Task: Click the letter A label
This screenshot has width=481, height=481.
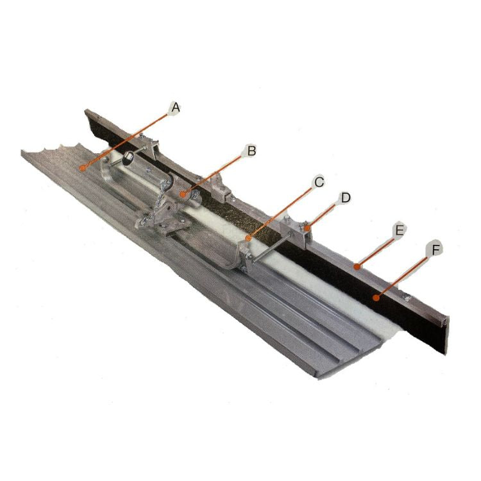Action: pos(175,108)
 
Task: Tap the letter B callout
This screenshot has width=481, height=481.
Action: pos(251,151)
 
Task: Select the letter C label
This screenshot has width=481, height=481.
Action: pos(319,182)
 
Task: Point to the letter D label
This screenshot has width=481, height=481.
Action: pos(346,198)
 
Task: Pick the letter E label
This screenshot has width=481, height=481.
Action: pos(399,230)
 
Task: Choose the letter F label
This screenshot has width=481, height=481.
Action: pos(435,250)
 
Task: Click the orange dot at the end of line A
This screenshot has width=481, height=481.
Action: pos(82,167)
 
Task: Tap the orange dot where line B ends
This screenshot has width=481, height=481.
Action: pos(183,194)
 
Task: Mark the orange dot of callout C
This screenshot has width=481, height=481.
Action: pos(248,238)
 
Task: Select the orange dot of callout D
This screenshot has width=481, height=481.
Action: pos(306,228)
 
